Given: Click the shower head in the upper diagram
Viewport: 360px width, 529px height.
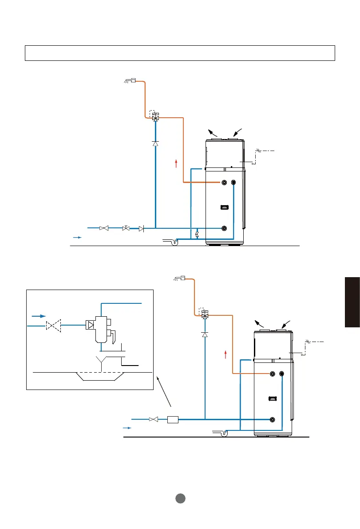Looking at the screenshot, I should click(x=129, y=81).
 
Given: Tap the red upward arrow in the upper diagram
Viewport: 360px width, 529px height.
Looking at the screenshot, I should click(x=176, y=163).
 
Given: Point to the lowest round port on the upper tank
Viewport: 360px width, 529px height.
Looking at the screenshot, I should click(x=224, y=228).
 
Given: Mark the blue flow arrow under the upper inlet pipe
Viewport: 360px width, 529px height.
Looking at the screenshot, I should click(x=77, y=238).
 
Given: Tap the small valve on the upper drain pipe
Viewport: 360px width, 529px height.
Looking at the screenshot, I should click(x=197, y=234).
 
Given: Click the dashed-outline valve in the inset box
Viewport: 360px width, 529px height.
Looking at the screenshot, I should click(x=53, y=326).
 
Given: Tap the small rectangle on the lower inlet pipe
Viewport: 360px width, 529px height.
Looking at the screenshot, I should click(x=173, y=419).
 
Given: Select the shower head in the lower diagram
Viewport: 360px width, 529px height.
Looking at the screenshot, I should click(x=179, y=279).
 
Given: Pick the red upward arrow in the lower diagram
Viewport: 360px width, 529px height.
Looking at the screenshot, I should click(x=226, y=354).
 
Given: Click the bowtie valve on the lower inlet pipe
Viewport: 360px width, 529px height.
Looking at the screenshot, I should click(x=154, y=419).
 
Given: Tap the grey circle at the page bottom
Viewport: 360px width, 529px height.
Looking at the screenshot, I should click(x=180, y=498).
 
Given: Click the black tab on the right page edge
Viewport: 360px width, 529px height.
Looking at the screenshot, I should click(x=352, y=302).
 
